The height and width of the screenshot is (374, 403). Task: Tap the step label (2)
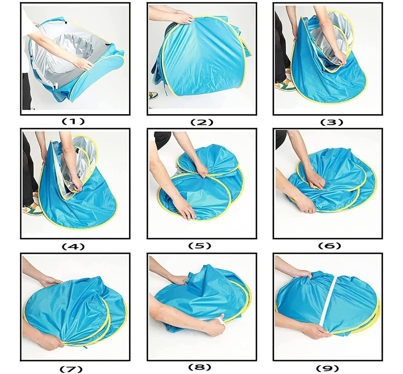click(202, 122)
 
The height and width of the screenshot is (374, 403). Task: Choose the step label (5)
click(200, 246)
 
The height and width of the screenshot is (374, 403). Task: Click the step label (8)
click(200, 367)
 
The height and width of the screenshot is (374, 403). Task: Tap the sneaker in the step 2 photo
click(153, 95)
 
